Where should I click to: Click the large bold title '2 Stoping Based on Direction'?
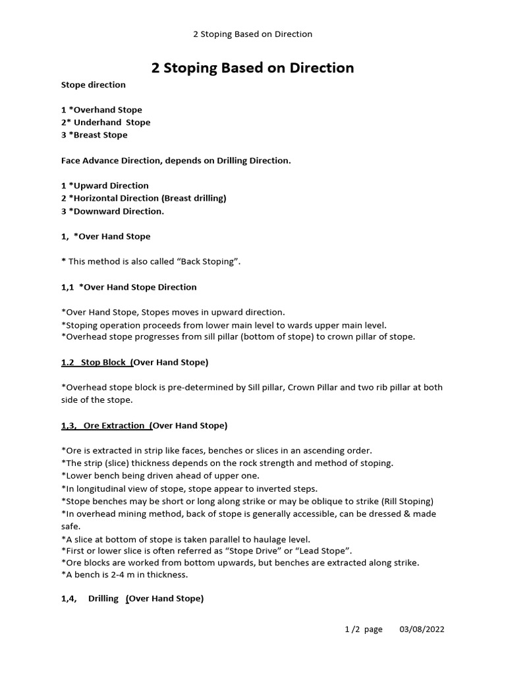tap(252, 68)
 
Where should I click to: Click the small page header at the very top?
tap(252, 34)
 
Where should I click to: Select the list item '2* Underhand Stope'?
tap(105, 122)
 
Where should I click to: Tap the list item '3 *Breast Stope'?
tap(94, 135)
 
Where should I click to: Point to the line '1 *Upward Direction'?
tap(105, 186)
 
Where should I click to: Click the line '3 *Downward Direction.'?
tap(113, 211)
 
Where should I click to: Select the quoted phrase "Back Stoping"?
tap(211, 262)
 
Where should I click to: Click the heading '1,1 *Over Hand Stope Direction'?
tap(128, 287)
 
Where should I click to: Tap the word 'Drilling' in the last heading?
tap(103, 599)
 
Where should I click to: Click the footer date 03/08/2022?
tap(422, 630)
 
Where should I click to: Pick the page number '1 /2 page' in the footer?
tap(364, 630)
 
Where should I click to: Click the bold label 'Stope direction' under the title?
tap(93, 85)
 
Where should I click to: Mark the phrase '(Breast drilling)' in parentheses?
tap(194, 198)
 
